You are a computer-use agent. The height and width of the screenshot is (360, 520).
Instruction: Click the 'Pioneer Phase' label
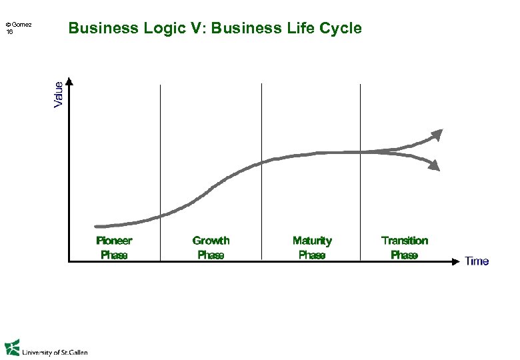(x=114, y=247)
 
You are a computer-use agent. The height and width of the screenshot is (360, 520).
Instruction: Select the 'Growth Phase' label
(x=211, y=247)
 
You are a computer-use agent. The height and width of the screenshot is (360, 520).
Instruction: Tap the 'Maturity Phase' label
(x=312, y=247)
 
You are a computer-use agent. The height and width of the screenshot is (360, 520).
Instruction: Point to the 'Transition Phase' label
(x=404, y=247)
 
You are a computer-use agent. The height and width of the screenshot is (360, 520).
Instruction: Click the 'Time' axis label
(x=477, y=261)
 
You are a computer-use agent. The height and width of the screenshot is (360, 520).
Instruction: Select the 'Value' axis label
(x=59, y=94)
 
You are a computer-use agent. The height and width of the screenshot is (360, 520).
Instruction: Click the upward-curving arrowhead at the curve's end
(x=437, y=135)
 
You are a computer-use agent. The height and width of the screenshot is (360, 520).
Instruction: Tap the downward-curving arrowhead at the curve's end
(x=434, y=165)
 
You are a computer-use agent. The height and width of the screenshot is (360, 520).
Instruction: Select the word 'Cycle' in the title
(x=341, y=29)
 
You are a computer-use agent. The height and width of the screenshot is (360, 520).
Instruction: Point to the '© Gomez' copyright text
(x=18, y=26)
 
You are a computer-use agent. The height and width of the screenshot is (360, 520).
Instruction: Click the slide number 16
(x=9, y=32)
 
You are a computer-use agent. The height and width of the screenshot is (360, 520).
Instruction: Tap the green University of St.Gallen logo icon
(x=12, y=348)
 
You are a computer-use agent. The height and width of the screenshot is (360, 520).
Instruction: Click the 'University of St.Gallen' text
(x=55, y=352)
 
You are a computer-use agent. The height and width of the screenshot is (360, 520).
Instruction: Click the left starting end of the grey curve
(x=98, y=227)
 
